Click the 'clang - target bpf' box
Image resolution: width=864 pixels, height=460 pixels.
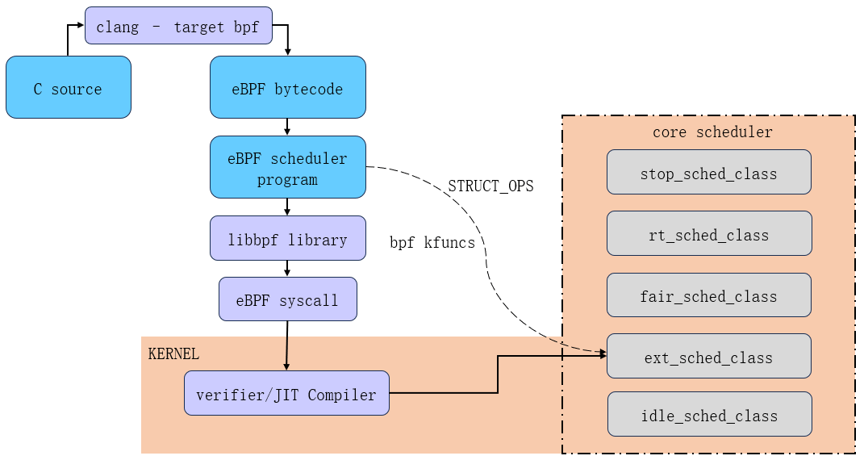point(178,26)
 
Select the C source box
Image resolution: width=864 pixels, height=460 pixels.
point(68,88)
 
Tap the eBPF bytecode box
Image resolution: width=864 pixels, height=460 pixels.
point(287,88)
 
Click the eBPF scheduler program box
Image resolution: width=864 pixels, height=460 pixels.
point(287,167)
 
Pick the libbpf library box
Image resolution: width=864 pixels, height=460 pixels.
point(287,239)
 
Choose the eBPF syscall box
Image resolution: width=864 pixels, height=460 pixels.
point(287,299)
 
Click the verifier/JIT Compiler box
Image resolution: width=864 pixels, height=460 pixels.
point(286,394)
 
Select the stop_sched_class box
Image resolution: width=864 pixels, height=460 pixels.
point(708,173)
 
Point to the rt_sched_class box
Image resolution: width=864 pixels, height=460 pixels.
point(708,234)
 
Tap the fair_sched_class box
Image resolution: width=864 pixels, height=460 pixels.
point(708,295)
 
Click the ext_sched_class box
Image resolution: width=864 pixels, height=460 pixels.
point(708,357)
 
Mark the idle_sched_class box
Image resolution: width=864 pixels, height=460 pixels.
point(708,415)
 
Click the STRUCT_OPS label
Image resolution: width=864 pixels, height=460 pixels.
point(490,186)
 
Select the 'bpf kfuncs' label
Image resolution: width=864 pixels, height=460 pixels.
point(432,242)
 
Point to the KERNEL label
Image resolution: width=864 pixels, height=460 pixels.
point(173,354)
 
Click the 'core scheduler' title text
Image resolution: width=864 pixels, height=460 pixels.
point(712,132)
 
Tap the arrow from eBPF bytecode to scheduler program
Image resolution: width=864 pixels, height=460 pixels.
point(287,127)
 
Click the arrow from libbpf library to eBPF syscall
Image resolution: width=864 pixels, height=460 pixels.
point(287,269)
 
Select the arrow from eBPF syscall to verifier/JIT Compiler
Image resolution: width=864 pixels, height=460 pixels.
point(286,345)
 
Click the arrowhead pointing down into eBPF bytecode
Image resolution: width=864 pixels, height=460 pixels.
point(287,52)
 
